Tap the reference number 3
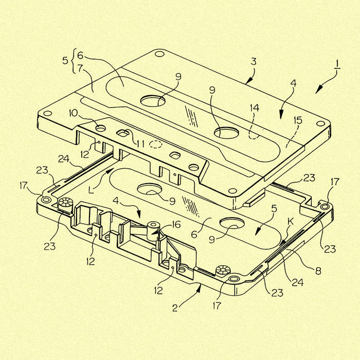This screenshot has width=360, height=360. [x=254, y=62]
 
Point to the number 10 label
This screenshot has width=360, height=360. [x=74, y=113]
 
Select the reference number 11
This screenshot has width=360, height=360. [x=140, y=144]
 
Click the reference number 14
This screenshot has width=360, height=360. [x=255, y=107]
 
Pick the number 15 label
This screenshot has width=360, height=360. [x=298, y=120]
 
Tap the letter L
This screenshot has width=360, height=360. [x=91, y=190]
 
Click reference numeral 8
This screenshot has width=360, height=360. [x=318, y=271]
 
